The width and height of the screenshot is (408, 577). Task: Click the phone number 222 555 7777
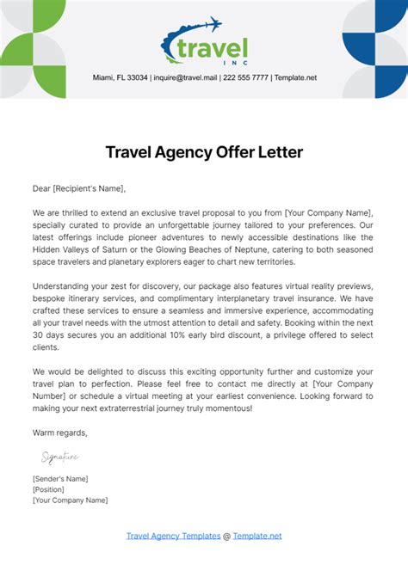246,77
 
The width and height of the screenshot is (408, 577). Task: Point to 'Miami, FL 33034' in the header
120,77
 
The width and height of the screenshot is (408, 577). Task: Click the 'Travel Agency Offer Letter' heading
204,152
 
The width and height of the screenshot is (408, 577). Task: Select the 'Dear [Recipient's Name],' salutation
79,188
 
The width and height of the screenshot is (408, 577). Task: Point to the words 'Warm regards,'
59,432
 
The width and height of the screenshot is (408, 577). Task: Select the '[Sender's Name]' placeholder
60,478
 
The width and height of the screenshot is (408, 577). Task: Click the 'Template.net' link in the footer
257,536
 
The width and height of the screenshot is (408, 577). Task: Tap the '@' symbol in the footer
226,536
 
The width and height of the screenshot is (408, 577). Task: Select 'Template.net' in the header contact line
294,77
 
